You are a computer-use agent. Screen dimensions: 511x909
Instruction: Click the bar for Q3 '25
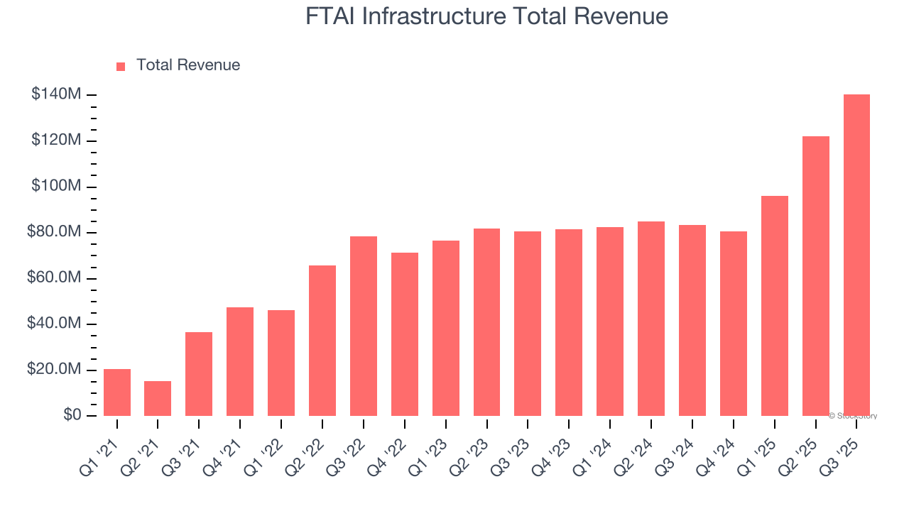click(856, 255)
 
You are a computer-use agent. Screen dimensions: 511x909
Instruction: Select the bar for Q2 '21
click(158, 398)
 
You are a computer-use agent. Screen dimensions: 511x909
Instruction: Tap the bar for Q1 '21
click(116, 392)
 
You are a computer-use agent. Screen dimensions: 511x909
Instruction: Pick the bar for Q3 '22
click(363, 326)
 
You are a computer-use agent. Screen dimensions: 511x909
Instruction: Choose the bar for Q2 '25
click(815, 276)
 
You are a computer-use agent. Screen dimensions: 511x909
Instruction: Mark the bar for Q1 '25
click(774, 306)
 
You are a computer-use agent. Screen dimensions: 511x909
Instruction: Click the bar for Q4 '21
click(240, 361)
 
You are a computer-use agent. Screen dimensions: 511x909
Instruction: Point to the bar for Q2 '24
click(651, 319)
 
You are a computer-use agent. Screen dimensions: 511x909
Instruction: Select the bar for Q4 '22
click(404, 334)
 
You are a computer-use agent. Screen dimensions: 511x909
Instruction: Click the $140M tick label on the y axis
click(56, 94)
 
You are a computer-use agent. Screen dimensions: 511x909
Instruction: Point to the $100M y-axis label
click(56, 187)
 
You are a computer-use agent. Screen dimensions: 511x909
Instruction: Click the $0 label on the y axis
click(72, 415)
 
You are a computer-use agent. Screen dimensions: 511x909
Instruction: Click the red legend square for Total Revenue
click(121, 66)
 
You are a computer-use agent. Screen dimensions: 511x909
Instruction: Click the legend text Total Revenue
click(188, 65)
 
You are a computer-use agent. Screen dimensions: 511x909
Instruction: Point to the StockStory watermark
click(853, 416)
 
